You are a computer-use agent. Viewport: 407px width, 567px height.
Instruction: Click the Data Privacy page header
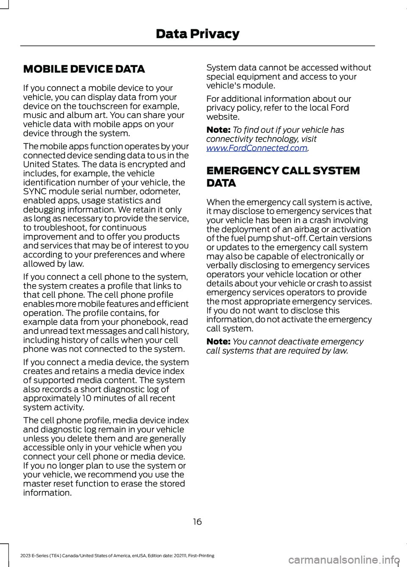pos(198,34)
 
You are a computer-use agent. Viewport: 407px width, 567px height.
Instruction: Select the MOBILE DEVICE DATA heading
pos(84,69)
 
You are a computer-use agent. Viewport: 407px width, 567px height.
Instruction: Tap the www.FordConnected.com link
pos(256,148)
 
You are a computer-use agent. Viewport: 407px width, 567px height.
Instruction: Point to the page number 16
pos(198,522)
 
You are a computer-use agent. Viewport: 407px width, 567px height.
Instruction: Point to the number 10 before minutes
pos(86,398)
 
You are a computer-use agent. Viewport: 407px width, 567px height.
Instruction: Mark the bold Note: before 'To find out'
pos(218,130)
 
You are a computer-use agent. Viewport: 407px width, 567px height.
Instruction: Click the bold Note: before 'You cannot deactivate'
pos(218,342)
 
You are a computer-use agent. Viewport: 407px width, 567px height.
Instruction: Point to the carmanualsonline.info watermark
pos(343,560)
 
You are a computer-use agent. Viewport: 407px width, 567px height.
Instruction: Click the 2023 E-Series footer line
pos(117,556)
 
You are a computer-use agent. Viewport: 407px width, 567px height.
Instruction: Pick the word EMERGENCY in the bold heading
pos(242,171)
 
